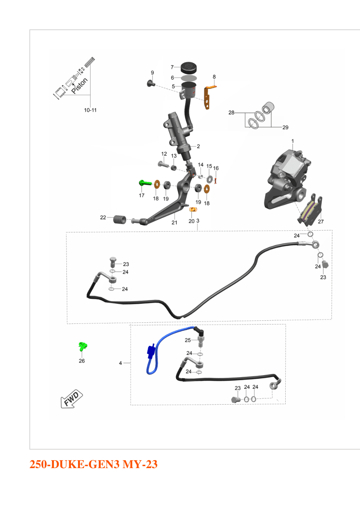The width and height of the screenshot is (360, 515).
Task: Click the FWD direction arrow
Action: click(x=71, y=399)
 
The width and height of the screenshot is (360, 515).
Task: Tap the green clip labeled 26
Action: click(x=82, y=347)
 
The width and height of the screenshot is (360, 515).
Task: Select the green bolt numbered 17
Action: click(x=145, y=183)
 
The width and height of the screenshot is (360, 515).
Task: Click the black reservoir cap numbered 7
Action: click(x=189, y=68)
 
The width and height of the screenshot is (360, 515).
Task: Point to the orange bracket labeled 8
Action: click(x=208, y=97)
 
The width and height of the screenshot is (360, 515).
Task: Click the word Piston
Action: click(x=80, y=85)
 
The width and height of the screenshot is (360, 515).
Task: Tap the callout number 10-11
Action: click(x=90, y=110)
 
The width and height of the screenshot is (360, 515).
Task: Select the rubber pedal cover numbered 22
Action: click(x=120, y=220)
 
